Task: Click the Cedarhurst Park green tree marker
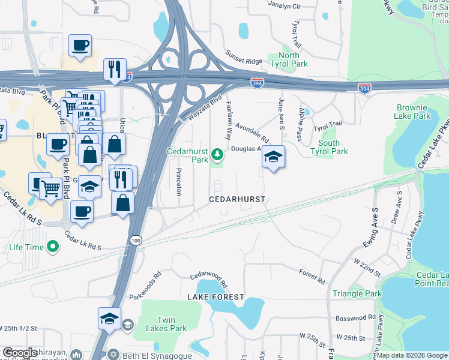coord(217,156)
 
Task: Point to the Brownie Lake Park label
coord(414,112)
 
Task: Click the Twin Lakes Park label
coord(171,324)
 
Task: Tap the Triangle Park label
coord(357,293)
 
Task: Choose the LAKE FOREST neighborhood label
coord(215,297)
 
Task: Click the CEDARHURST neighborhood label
coord(237,199)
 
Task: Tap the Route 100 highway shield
coord(137,240)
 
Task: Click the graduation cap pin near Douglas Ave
coord(273,157)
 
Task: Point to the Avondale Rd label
coord(252,132)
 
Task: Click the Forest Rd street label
coord(312,276)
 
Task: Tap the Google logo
coord(20,353)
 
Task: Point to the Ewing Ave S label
coord(371,227)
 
